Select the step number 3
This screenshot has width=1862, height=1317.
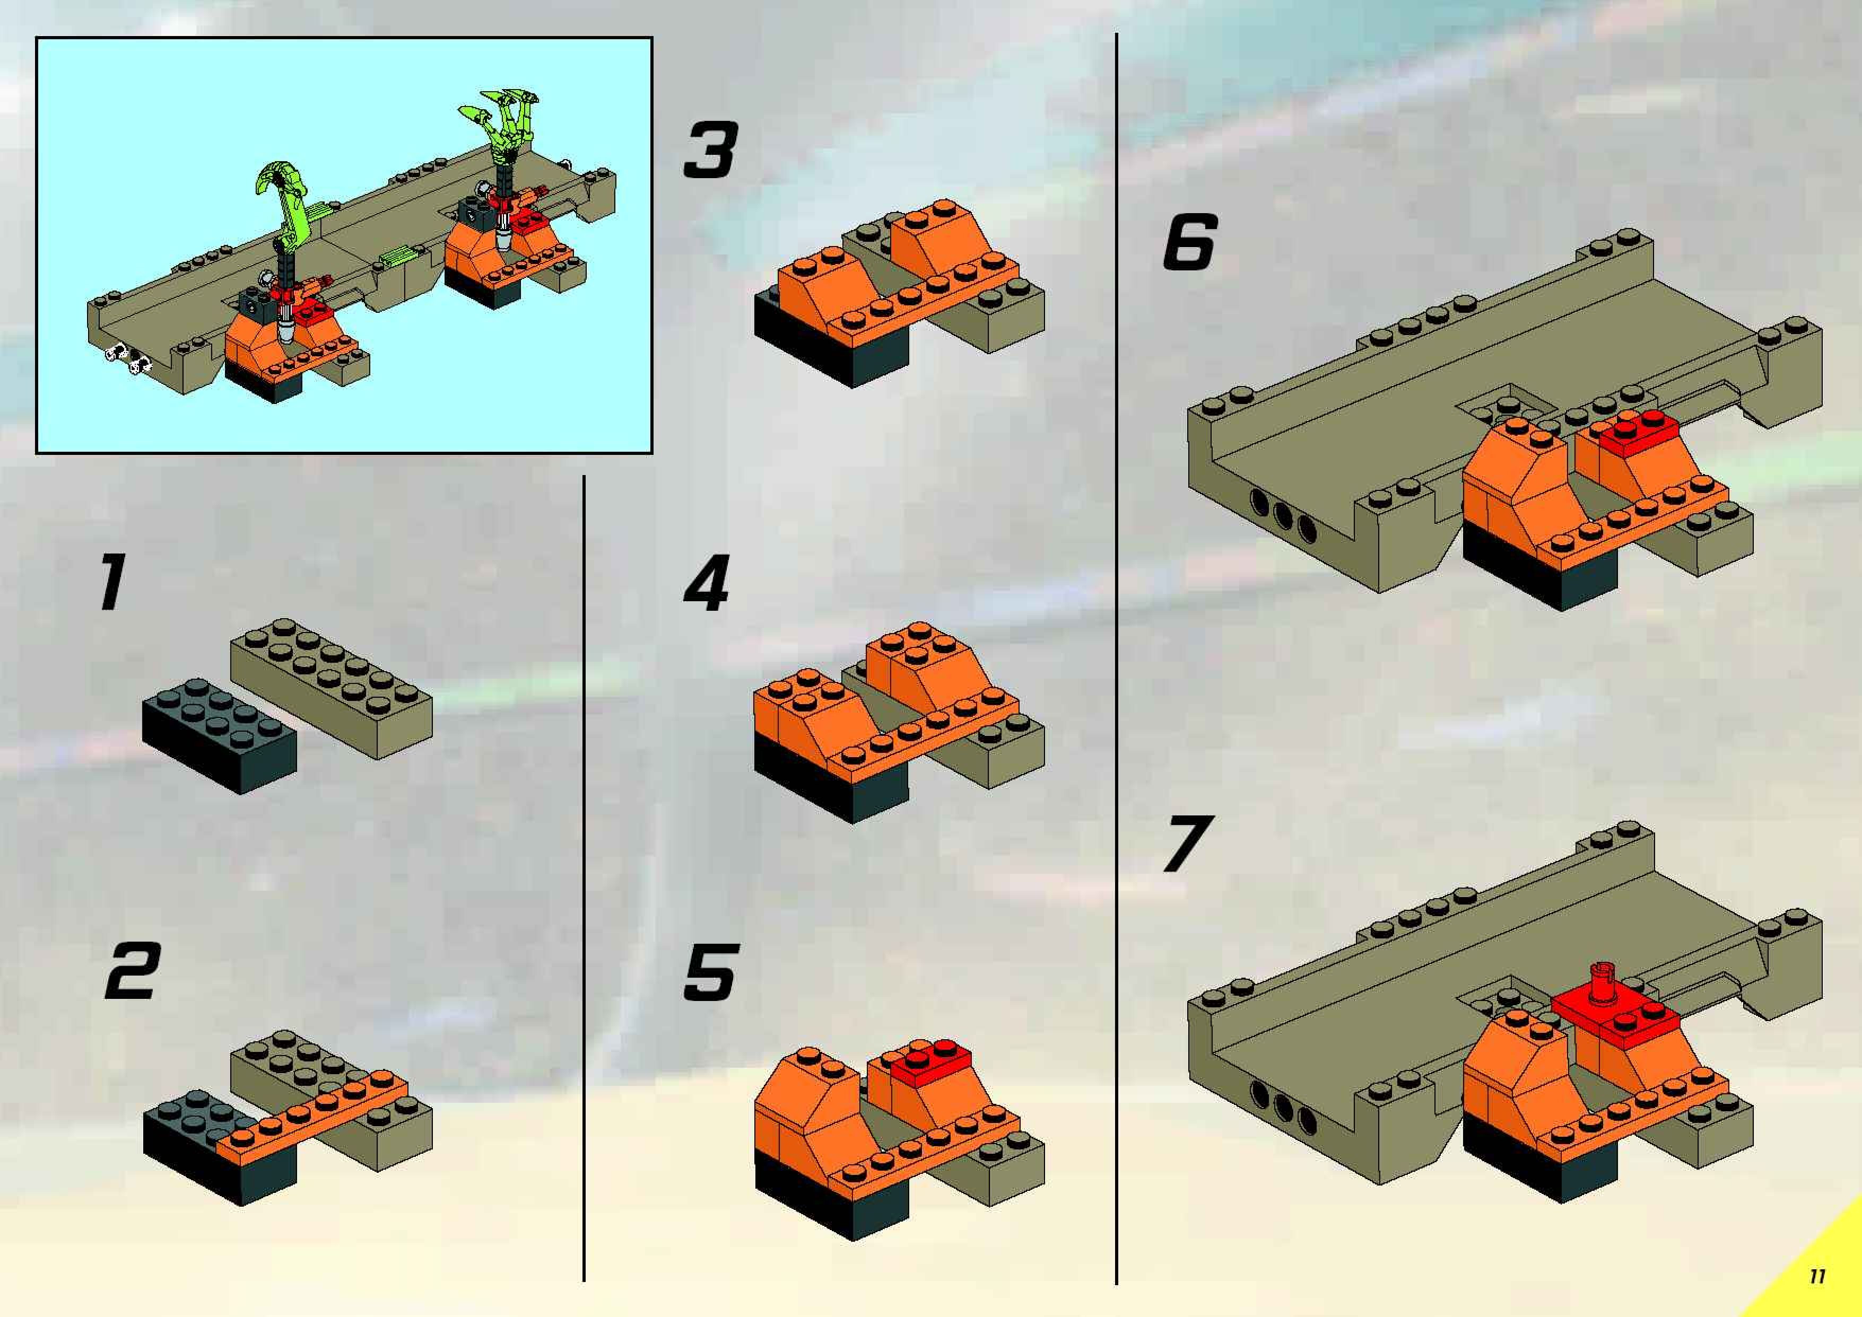pyautogui.click(x=711, y=150)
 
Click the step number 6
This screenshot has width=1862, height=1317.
pyautogui.click(x=1190, y=242)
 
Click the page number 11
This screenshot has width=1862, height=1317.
pyautogui.click(x=1816, y=1276)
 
